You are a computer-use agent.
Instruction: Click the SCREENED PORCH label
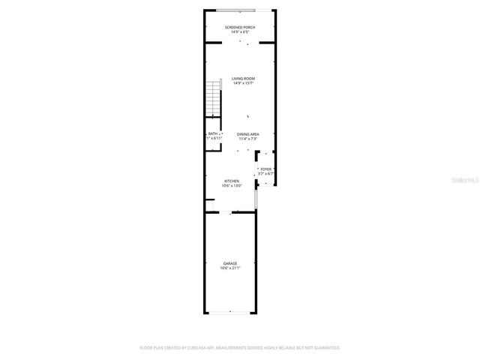tap(240, 28)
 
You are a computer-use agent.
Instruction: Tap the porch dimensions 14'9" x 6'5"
tap(240, 32)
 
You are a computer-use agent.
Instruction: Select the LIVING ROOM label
tap(243, 79)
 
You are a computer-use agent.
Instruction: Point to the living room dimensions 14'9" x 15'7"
tap(243, 83)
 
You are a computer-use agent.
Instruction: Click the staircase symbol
tap(214, 99)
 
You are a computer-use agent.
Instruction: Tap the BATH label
tap(213, 133)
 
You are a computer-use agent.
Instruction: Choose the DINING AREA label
tap(249, 133)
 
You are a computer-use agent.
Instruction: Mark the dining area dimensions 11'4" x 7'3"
tap(249, 138)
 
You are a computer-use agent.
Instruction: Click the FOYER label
tap(266, 170)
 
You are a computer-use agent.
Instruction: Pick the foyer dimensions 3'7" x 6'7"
tap(266, 175)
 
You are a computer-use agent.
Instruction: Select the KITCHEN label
tap(232, 181)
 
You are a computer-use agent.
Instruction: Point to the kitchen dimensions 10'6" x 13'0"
tap(232, 185)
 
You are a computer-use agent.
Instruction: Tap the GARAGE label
tap(230, 263)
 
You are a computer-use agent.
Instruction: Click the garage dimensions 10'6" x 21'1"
tap(230, 268)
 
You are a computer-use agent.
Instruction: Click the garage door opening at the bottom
tap(230, 313)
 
